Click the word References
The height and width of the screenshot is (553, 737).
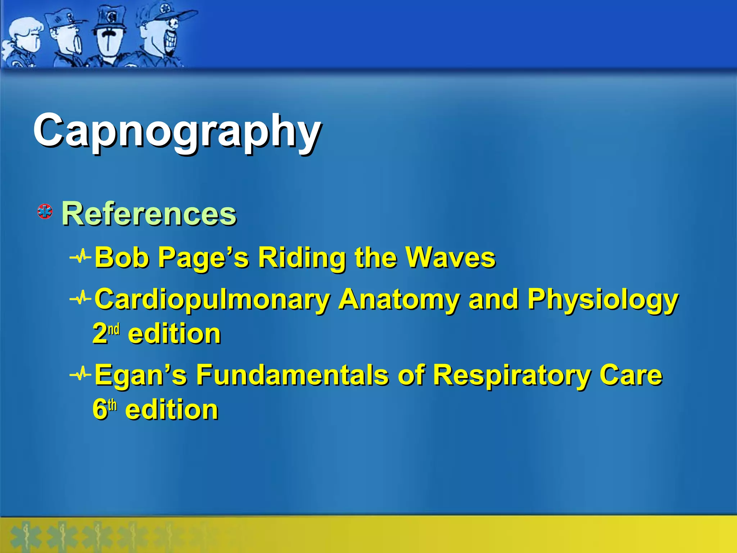[x=149, y=214]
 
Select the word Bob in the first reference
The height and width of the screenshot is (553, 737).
[x=122, y=258]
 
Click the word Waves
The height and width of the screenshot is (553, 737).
[x=451, y=258]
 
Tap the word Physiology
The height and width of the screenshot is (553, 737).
[x=603, y=300]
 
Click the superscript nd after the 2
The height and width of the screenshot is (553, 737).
[x=114, y=329]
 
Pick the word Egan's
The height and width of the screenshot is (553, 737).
[x=141, y=375]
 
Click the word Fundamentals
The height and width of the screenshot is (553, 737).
[x=292, y=375]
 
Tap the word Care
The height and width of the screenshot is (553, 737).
[x=630, y=375]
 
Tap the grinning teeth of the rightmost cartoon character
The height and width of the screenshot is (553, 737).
[x=169, y=40]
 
